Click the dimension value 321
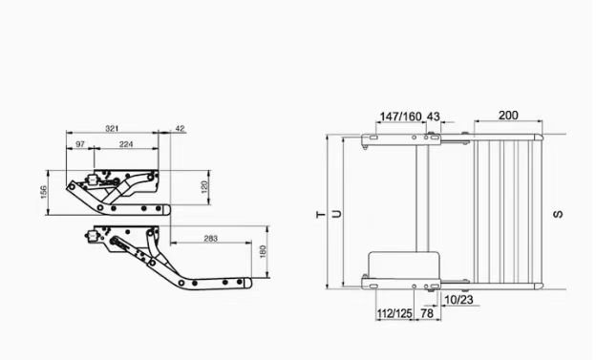[112, 129]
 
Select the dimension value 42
[180, 129]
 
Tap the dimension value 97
[80, 144]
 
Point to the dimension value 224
[126, 144]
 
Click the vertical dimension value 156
[44, 192]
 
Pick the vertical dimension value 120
[204, 187]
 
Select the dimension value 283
[210, 239]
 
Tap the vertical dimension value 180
[263, 252]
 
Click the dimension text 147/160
[400, 116]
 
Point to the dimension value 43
[433, 116]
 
